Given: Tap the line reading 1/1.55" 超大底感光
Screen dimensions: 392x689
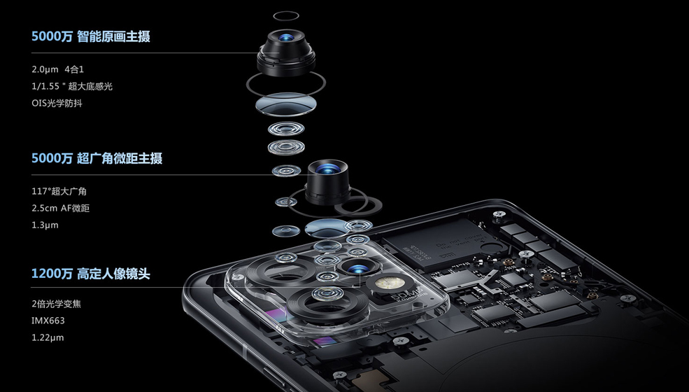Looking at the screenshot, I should tap(72, 86).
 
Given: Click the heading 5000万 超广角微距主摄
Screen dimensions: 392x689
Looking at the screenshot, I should tap(97, 159).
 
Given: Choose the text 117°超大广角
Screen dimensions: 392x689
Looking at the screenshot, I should tap(59, 191).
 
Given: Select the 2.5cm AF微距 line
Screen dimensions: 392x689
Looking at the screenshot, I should tap(61, 208).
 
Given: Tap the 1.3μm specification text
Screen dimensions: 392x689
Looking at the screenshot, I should tap(45, 225).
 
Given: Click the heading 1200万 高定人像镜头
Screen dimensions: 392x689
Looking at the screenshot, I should tap(91, 274).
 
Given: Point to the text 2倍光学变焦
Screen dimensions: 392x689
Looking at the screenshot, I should tap(61, 304).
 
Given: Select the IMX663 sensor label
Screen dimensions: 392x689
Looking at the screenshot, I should tap(48, 321).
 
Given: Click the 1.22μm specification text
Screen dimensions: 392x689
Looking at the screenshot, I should tap(48, 337).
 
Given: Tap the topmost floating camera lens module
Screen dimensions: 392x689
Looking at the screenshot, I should tap(285, 51).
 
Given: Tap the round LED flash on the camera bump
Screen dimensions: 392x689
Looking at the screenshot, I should tap(385, 284).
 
